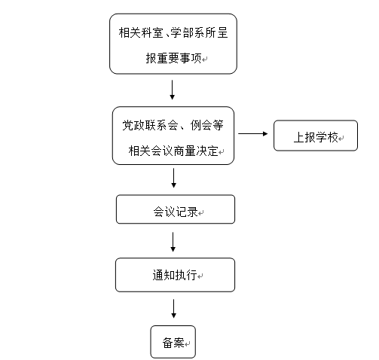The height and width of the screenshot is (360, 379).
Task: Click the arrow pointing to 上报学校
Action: click(x=253, y=133)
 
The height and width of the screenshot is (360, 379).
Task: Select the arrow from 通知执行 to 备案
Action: click(x=173, y=309)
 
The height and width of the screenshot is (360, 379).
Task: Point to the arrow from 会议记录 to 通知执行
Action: click(x=173, y=242)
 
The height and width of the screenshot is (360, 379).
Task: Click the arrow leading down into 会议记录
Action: click(x=173, y=178)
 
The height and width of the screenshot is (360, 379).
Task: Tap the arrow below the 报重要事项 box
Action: click(x=172, y=90)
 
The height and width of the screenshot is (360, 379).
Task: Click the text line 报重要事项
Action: click(x=173, y=58)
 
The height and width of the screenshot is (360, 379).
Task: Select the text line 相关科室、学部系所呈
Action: click(x=173, y=32)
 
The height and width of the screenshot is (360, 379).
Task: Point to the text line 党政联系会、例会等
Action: click(x=173, y=125)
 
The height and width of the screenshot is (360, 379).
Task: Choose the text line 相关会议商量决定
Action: click(x=173, y=151)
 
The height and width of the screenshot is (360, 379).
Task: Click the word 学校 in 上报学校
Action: click(x=327, y=137)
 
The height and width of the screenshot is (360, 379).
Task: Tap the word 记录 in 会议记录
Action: click(x=187, y=212)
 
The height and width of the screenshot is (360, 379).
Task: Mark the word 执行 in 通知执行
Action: click(x=186, y=275)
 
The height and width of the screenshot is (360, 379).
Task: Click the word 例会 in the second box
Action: click(x=200, y=125)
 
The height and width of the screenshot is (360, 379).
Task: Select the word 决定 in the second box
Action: click(x=207, y=151)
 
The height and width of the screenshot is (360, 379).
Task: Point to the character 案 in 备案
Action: click(x=179, y=343)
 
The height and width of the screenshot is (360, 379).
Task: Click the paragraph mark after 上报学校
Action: click(x=341, y=139)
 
